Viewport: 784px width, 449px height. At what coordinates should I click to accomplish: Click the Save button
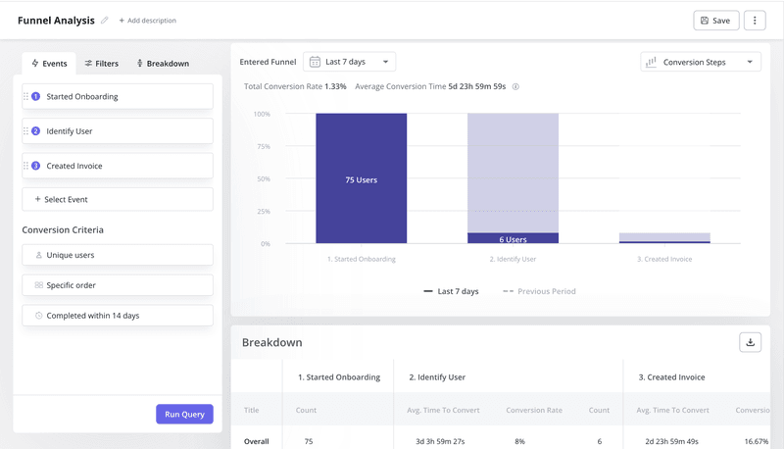coord(715,21)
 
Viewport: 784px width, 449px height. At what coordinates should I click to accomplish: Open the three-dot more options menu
coord(754,21)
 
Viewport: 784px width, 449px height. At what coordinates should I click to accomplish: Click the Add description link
coord(148,21)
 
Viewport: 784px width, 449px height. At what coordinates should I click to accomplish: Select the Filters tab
coord(101,64)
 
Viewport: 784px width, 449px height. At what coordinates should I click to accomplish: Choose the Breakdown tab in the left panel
coord(162,64)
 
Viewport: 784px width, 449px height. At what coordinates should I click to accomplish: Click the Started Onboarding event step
coord(118,97)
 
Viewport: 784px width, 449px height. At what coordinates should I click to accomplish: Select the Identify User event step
coord(118,131)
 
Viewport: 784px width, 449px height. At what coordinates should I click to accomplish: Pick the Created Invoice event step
coord(118,166)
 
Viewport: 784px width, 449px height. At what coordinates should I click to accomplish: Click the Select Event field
coord(118,199)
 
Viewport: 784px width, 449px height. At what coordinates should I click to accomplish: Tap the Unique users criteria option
coord(118,255)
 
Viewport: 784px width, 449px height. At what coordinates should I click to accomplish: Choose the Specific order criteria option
coord(118,285)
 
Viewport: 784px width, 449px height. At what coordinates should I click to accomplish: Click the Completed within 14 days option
coord(118,316)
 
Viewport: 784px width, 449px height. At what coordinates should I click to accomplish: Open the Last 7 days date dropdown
coord(349,62)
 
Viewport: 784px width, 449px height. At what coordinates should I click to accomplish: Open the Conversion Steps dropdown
coord(700,62)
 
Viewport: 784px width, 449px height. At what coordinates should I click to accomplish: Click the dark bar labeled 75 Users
coord(361,178)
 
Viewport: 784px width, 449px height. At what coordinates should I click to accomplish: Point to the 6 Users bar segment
coord(513,238)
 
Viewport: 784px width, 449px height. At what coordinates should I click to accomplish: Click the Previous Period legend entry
coord(539,291)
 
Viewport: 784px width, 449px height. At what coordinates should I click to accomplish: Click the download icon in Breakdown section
coord(750,342)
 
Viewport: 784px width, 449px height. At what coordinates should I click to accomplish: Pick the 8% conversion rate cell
coord(519,441)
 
